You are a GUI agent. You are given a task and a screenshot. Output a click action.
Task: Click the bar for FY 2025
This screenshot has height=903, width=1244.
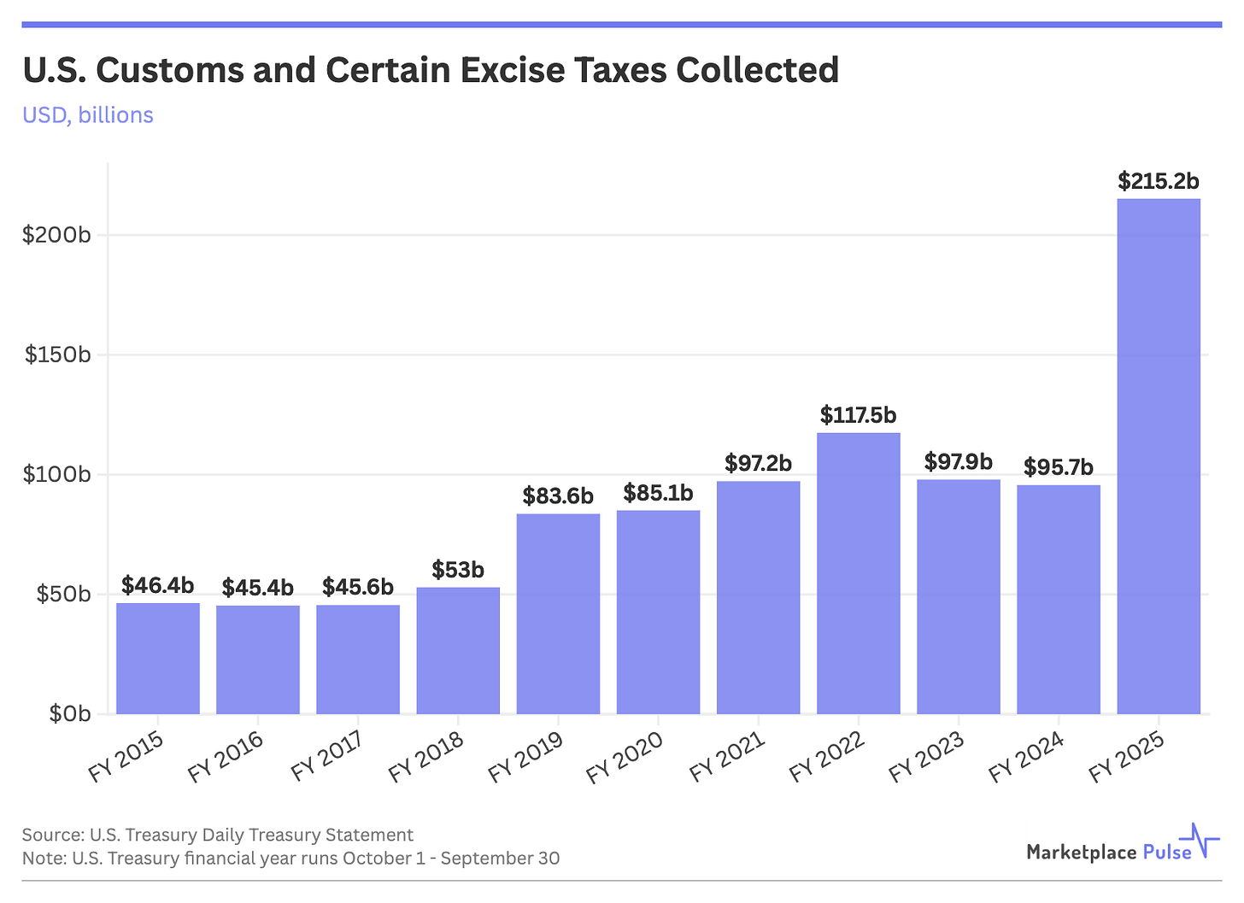click(x=1158, y=456)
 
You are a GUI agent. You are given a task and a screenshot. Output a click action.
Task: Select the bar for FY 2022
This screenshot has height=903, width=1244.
click(x=858, y=573)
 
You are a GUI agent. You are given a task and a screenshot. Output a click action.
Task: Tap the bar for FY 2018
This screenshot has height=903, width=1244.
click(x=458, y=650)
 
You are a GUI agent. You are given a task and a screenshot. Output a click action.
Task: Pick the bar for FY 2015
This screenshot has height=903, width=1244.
click(x=158, y=658)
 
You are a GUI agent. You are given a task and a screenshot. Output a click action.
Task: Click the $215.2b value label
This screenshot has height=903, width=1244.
click(x=1159, y=181)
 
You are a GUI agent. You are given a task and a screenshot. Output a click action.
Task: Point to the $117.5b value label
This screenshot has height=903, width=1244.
click(x=858, y=415)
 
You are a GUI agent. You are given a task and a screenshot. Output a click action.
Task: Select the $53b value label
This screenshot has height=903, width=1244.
click(x=458, y=570)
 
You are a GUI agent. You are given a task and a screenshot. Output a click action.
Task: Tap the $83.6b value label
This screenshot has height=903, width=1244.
click(x=558, y=495)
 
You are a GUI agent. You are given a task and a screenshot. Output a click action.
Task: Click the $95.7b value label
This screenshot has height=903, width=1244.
click(x=1059, y=467)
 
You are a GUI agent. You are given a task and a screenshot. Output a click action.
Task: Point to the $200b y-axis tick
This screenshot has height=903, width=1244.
click(x=56, y=235)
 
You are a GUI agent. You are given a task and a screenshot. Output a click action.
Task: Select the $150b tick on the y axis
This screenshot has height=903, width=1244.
click(x=57, y=355)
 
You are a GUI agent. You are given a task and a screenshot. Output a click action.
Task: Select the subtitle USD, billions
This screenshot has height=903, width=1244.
click(x=88, y=115)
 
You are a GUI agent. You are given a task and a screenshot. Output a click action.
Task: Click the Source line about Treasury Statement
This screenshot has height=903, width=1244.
click(x=217, y=835)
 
